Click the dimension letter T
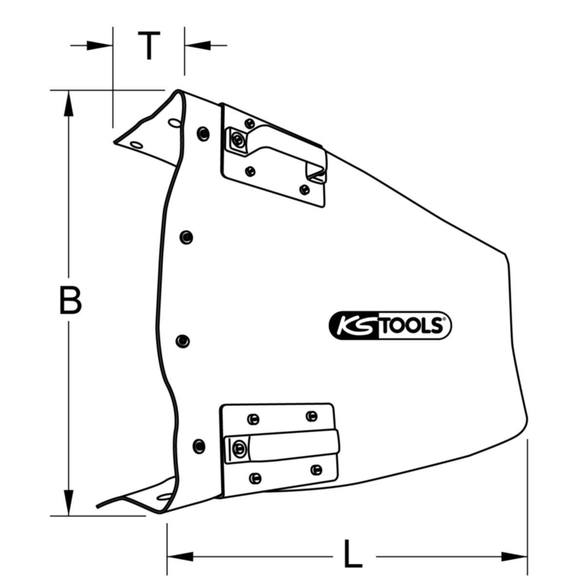[149, 45]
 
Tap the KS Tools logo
[390, 325]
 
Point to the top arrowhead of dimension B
[69, 103]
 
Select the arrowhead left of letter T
[99, 45]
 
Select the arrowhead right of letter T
[197, 45]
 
